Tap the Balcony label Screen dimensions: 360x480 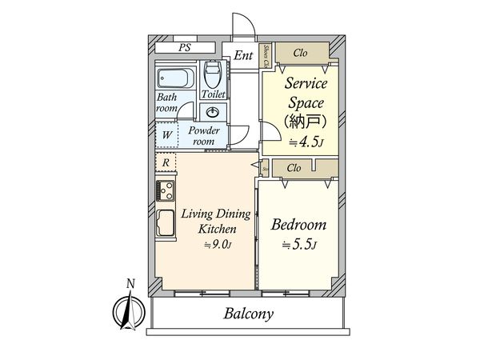coord(248,314)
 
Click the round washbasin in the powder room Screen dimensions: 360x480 coord(213,112)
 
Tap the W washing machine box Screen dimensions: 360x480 coord(166,134)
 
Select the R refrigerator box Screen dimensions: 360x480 coord(165,163)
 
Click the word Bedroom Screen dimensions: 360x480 coord(298,225)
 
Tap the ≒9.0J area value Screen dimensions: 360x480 coord(216,245)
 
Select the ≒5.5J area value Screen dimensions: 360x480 coord(298,245)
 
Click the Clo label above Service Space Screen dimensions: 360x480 coord(301,54)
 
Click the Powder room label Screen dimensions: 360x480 coord(205,134)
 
